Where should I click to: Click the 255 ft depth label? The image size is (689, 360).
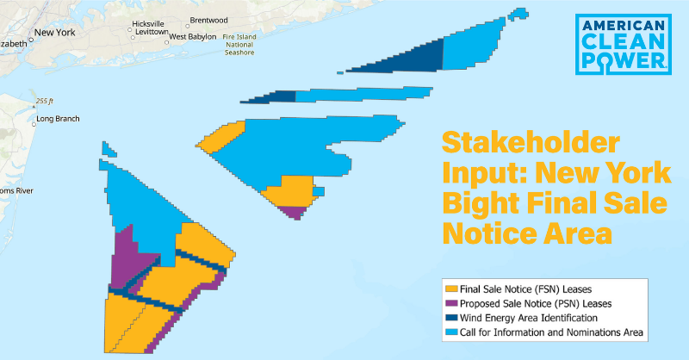pos(46,101)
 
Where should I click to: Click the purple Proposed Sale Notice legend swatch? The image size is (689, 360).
pos(450,303)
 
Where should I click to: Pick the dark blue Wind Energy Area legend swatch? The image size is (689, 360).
pos(450,317)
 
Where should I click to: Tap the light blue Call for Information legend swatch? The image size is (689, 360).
pos(450,331)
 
